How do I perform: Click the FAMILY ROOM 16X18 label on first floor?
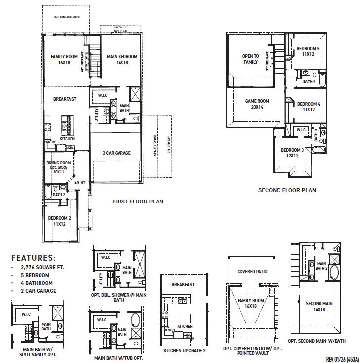pyautogui.click(x=64, y=60)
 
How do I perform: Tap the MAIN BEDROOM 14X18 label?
pyautogui.click(x=122, y=60)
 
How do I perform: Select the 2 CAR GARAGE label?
pyautogui.click(x=117, y=153)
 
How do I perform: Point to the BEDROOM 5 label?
pyautogui.click(x=308, y=51)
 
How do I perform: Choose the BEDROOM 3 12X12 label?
pyautogui.click(x=292, y=153)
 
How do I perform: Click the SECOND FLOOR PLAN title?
pyautogui.click(x=287, y=190)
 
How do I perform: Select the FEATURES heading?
pyautogui.click(x=34, y=258)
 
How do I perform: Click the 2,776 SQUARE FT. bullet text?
pyautogui.click(x=41, y=267)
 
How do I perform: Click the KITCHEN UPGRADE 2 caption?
pyautogui.click(x=185, y=351)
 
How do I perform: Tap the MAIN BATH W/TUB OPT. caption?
pyautogui.click(x=119, y=358)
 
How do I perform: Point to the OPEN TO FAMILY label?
pyautogui.click(x=250, y=59)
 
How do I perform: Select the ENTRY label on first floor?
pyautogui.click(x=80, y=182)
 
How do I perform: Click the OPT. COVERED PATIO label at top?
pyautogui.click(x=67, y=17)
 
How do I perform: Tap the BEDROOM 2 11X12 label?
pyautogui.click(x=60, y=221)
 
